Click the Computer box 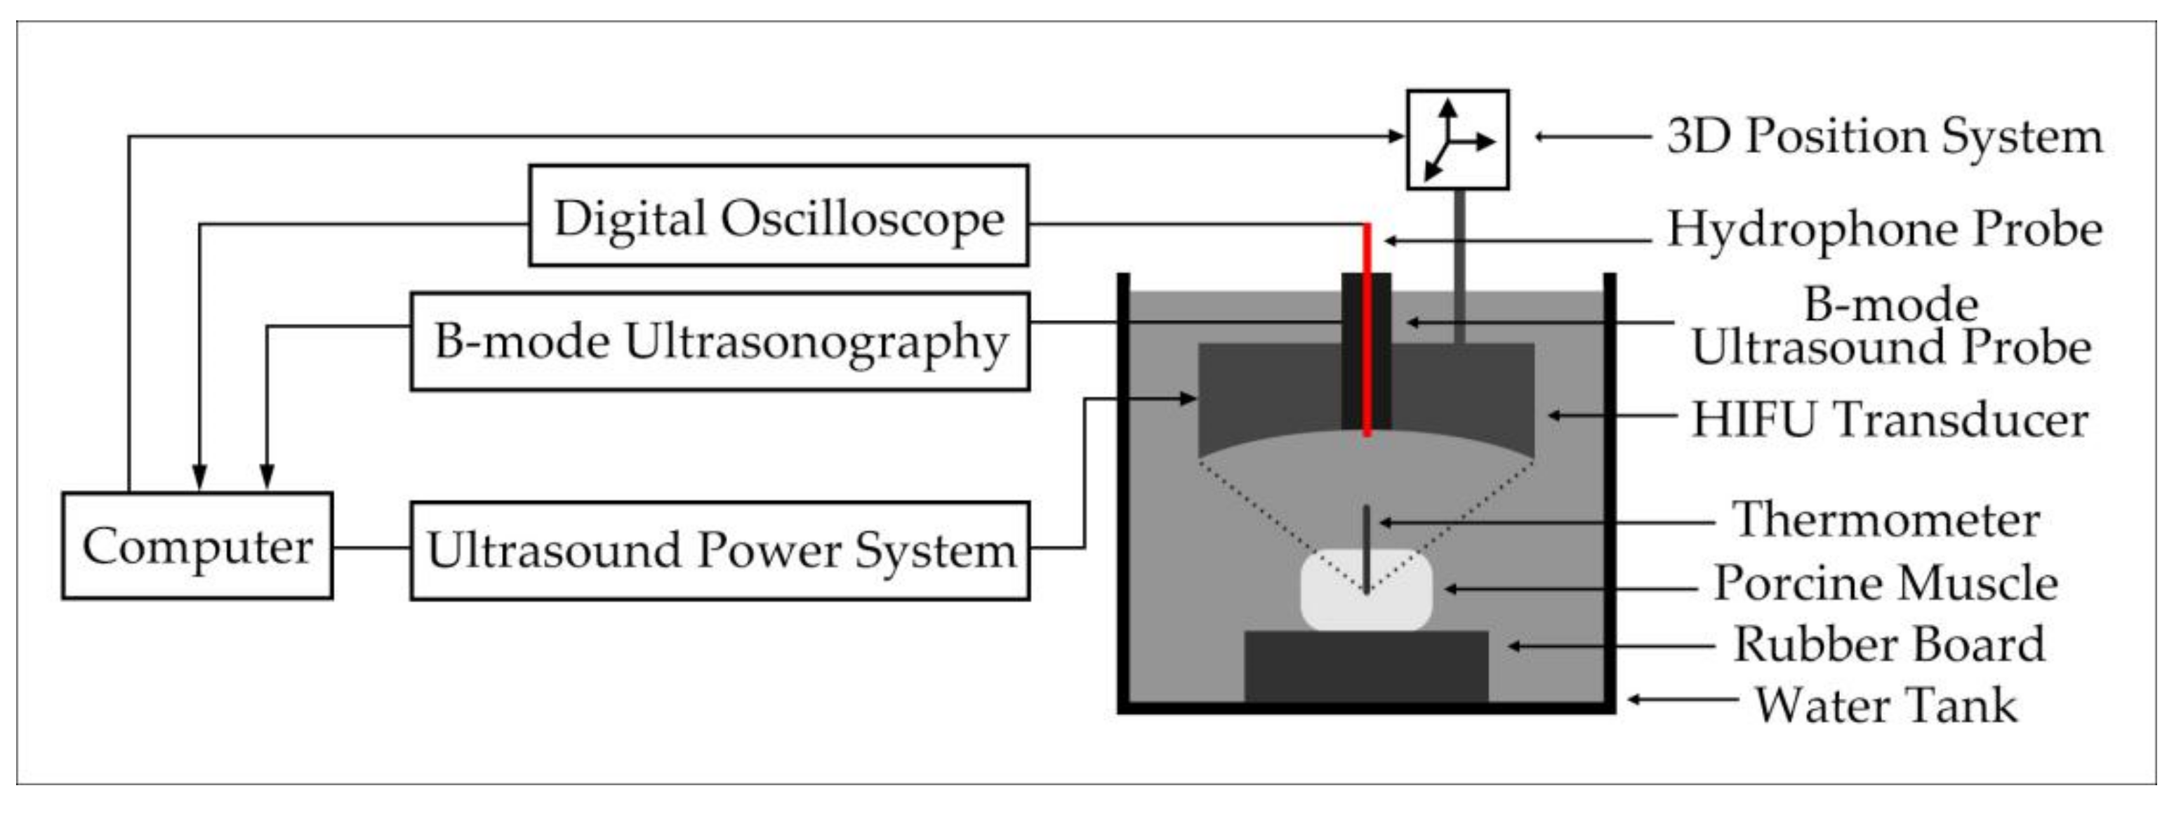coord(197,546)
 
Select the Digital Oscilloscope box coord(778,216)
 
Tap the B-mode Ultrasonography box coord(720,342)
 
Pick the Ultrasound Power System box coord(720,551)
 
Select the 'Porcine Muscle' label coord(1886,583)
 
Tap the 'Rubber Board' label coord(1889,646)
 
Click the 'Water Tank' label coord(1886,705)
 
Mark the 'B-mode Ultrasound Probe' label coord(1890,326)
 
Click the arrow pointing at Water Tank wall coord(1679,700)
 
